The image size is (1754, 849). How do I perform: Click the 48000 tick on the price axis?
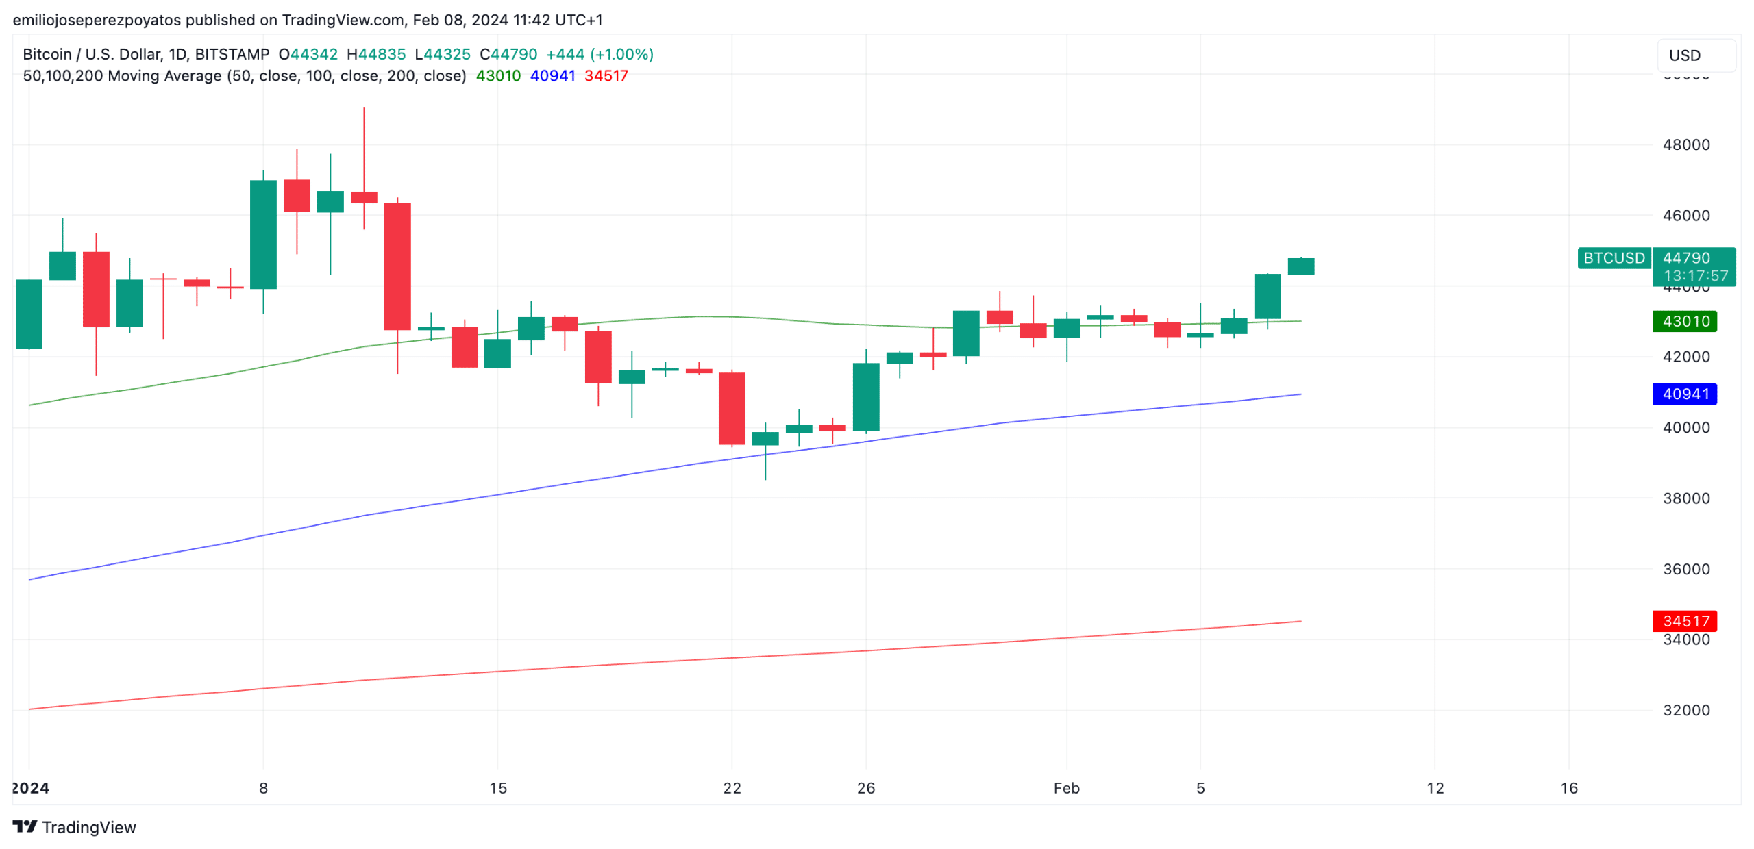pyautogui.click(x=1685, y=144)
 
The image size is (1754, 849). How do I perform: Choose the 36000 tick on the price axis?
pyautogui.click(x=1685, y=568)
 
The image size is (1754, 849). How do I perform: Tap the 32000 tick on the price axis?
pyautogui.click(x=1685, y=710)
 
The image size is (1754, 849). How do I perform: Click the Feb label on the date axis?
pyautogui.click(x=1065, y=787)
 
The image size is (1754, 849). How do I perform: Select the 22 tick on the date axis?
pyautogui.click(x=732, y=787)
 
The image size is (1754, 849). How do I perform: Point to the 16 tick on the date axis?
pyautogui.click(x=1568, y=787)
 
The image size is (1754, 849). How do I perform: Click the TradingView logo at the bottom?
pyautogui.click(x=75, y=826)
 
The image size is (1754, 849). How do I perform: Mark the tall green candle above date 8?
pyautogui.click(x=263, y=234)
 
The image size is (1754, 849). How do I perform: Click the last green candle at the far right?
pyautogui.click(x=1300, y=266)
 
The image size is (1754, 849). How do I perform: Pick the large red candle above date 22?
pyautogui.click(x=731, y=408)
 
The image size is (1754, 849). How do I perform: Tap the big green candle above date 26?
pyautogui.click(x=865, y=396)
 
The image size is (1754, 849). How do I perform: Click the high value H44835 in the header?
pyautogui.click(x=375, y=54)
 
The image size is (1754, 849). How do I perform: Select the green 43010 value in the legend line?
pyautogui.click(x=497, y=76)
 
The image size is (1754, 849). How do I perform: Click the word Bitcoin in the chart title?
pyautogui.click(x=47, y=54)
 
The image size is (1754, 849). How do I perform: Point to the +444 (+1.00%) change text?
pyautogui.click(x=599, y=54)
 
